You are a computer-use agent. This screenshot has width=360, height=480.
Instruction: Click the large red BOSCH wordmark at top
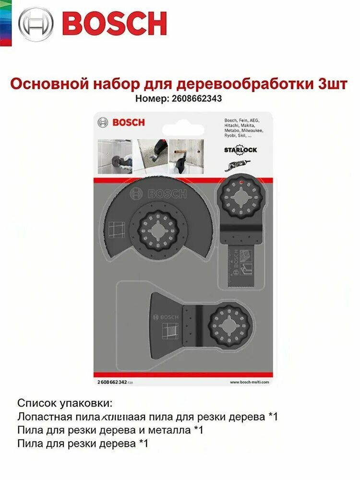point(114,24)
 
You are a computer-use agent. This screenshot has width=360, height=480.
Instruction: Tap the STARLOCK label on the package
point(240,149)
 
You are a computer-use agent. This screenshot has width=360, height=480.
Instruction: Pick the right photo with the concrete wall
point(183,156)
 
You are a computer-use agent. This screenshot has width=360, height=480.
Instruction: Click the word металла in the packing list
point(168,431)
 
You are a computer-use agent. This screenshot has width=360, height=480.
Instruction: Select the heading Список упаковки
point(66,403)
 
